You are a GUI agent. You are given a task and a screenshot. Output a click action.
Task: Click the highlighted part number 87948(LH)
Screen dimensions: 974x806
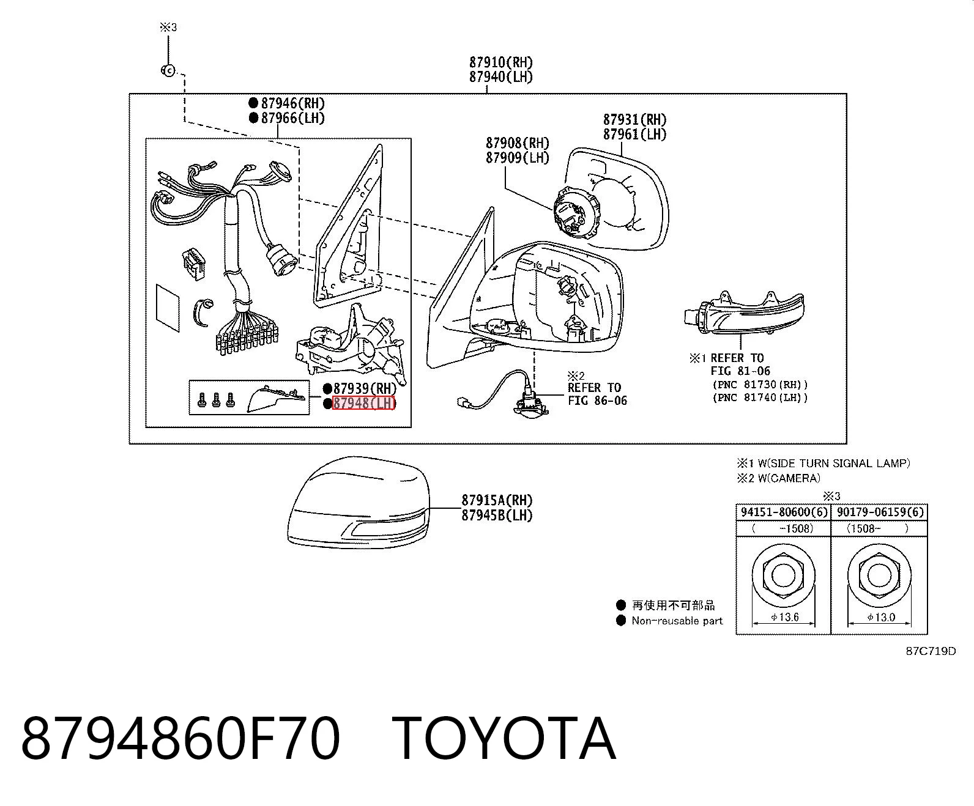tap(364, 403)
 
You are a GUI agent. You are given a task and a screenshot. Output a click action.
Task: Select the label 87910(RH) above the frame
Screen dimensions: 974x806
tap(501, 62)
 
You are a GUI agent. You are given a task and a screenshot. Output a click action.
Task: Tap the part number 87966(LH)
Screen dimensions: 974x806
tap(293, 118)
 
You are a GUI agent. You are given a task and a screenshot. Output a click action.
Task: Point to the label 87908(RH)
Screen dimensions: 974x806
tap(518, 142)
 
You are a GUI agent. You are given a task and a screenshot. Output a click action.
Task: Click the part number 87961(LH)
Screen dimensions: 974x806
tap(635, 135)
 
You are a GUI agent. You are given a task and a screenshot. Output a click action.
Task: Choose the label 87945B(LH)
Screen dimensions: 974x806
tap(497, 516)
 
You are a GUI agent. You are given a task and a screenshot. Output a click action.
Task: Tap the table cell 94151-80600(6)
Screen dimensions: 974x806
tap(784, 512)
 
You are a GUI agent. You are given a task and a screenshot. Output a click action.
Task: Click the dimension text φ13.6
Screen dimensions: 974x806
tap(784, 617)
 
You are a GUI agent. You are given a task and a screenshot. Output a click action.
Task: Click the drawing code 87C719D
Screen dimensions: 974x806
tap(931, 651)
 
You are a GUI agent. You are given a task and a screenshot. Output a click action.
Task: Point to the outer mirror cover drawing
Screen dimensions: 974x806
tap(359, 503)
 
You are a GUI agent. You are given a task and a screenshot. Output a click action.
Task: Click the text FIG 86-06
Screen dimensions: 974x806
tap(597, 401)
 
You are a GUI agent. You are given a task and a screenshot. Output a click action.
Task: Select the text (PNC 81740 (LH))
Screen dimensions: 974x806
tap(760, 397)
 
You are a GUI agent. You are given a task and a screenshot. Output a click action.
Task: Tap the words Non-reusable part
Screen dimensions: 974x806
tap(677, 621)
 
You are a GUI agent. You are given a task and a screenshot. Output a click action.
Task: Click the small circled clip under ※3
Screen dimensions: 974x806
tap(168, 70)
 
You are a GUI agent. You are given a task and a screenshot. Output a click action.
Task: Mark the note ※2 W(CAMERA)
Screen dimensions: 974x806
tap(779, 478)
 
